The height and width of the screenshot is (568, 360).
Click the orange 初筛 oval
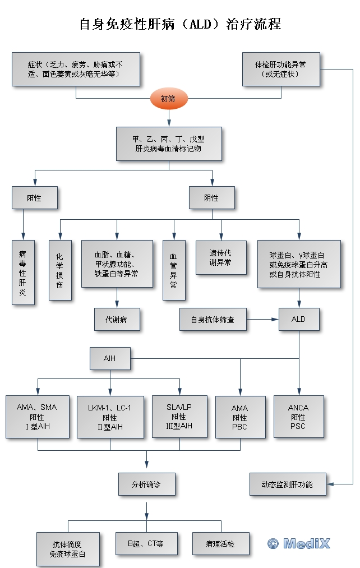click(x=168, y=99)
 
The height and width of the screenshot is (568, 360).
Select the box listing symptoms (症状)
click(x=76, y=69)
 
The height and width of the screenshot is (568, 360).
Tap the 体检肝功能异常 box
click(x=280, y=69)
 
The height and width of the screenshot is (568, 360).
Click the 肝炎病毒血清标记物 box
click(x=168, y=144)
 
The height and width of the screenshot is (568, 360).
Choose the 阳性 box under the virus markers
click(x=34, y=198)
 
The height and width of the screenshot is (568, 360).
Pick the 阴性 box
click(x=211, y=198)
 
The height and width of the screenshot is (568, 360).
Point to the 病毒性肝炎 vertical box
click(x=23, y=273)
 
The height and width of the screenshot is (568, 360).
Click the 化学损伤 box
click(x=59, y=270)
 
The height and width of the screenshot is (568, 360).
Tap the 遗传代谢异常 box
click(x=220, y=257)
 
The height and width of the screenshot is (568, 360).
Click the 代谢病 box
click(x=117, y=320)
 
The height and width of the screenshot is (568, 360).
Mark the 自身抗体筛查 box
click(x=213, y=319)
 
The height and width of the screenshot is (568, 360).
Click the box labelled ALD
click(x=299, y=319)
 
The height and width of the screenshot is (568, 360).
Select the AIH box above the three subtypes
click(x=110, y=358)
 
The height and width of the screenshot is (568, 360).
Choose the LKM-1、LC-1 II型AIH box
click(x=110, y=417)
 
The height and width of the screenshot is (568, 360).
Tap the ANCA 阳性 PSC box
click(x=298, y=417)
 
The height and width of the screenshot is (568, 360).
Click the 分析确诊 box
click(x=146, y=484)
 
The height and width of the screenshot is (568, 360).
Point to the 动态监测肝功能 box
click(x=287, y=484)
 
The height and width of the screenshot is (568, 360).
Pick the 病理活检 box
click(x=220, y=543)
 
